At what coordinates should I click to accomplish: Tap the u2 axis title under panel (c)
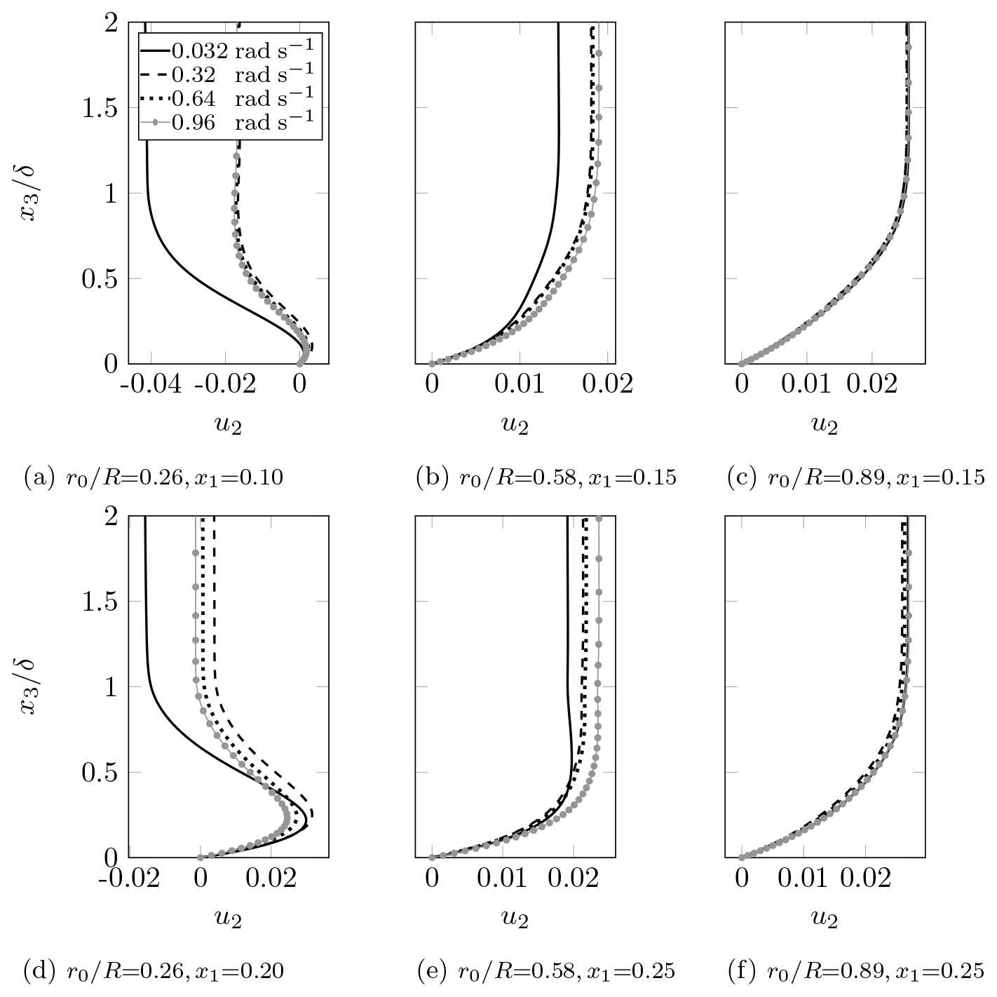(x=825, y=425)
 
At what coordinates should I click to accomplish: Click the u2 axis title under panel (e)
(x=515, y=918)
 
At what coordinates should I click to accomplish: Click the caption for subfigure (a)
(x=154, y=479)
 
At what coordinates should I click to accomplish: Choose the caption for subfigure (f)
(x=856, y=972)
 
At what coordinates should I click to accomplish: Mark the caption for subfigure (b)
(x=546, y=479)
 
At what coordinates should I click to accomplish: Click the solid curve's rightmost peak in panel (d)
(x=307, y=827)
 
